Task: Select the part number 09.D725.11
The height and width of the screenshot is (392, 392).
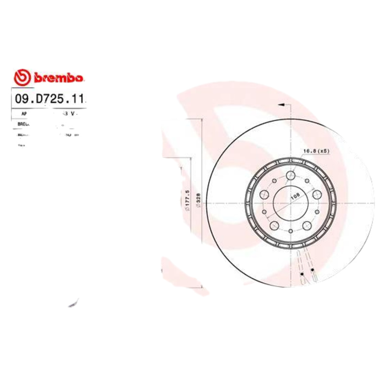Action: click(49, 99)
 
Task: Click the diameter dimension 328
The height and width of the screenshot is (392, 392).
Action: click(198, 201)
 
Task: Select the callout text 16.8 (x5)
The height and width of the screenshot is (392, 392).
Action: click(316, 151)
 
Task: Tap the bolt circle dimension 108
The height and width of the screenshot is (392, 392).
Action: click(295, 196)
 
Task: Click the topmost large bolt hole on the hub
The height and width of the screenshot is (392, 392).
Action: click(291, 176)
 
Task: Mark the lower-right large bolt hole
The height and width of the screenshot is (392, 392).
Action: click(307, 225)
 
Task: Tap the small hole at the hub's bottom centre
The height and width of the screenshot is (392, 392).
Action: click(291, 231)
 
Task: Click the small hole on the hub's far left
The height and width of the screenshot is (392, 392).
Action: click(264, 212)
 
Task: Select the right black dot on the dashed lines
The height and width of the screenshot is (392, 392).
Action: click(312, 270)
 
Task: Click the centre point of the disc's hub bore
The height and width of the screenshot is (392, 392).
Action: click(291, 204)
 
